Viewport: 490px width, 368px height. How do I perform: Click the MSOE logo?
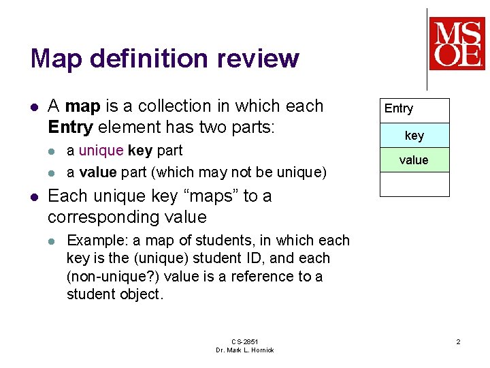pyautogui.click(x=457, y=44)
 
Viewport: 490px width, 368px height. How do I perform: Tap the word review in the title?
pyautogui.click(x=258, y=58)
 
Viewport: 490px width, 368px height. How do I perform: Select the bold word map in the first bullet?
pyautogui.click(x=83, y=107)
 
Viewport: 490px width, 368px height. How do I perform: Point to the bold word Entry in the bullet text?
pyautogui.click(x=71, y=127)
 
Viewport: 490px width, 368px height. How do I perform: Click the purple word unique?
pyautogui.click(x=101, y=151)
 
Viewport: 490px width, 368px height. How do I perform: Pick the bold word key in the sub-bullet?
pyautogui.click(x=140, y=151)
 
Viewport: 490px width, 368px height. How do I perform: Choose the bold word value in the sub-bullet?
pyautogui.click(x=98, y=172)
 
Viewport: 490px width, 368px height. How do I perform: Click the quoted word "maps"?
pyautogui.click(x=211, y=197)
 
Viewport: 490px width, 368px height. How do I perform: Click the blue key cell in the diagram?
pyautogui.click(x=414, y=136)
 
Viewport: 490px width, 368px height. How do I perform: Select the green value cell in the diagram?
pyautogui.click(x=414, y=160)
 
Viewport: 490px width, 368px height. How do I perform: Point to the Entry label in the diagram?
pyautogui.click(x=399, y=109)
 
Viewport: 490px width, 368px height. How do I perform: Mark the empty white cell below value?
pyautogui.click(x=414, y=185)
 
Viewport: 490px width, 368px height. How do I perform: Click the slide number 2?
pyautogui.click(x=458, y=341)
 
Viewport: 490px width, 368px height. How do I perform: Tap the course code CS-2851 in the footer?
pyautogui.click(x=245, y=341)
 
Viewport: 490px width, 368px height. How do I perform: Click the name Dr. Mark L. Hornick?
pyautogui.click(x=245, y=350)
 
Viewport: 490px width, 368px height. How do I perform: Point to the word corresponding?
pyautogui.click(x=103, y=218)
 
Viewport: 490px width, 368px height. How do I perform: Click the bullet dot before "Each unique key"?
pyautogui.click(x=35, y=198)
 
